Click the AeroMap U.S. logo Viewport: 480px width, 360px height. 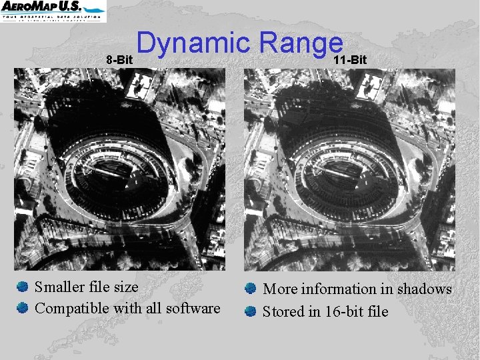click(53, 11)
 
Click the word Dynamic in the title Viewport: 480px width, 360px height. click(194, 45)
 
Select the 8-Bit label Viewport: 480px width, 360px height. click(120, 60)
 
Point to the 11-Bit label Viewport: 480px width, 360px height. click(350, 60)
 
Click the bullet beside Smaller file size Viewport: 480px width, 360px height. click(23, 287)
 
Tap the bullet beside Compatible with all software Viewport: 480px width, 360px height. click(23, 308)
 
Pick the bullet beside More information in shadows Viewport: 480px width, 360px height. click(250, 289)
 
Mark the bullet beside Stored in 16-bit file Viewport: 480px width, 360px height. click(250, 311)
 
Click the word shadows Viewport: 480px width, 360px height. click(425, 289)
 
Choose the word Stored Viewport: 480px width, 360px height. click(283, 311)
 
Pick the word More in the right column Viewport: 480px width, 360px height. click(280, 289)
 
